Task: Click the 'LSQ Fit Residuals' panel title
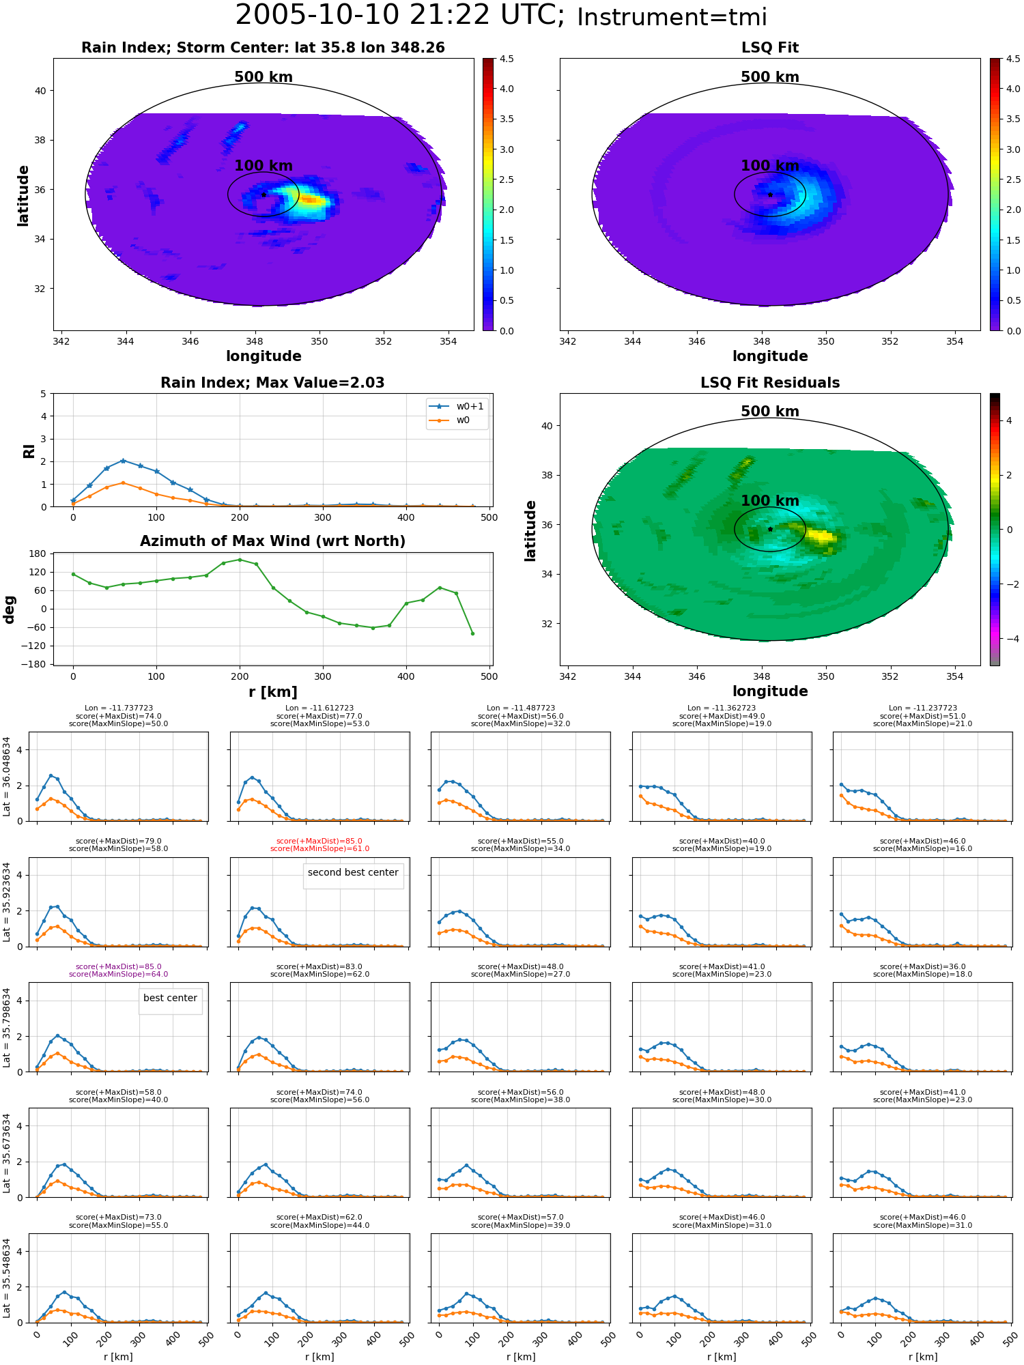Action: click(770, 383)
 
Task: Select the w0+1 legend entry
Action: click(457, 407)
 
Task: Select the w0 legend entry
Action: click(450, 420)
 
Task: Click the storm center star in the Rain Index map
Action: click(264, 195)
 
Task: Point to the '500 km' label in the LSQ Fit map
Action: click(770, 77)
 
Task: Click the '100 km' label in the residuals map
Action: click(770, 501)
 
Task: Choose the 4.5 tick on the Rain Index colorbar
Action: click(507, 59)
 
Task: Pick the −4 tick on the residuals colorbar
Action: click(1009, 639)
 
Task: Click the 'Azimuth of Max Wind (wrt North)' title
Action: click(272, 541)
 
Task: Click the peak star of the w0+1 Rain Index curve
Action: click(123, 461)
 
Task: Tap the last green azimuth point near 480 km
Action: click(472, 633)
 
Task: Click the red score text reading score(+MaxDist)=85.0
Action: click(319, 842)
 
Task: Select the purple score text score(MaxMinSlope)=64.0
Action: click(118, 975)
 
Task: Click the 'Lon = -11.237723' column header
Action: click(923, 708)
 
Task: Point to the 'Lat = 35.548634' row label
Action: click(7, 1278)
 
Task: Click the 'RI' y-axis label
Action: click(29, 450)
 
